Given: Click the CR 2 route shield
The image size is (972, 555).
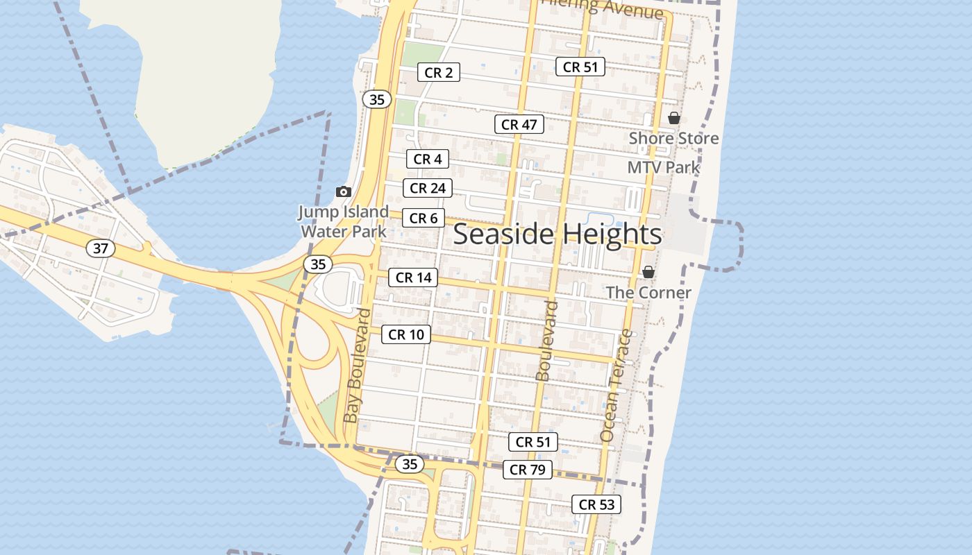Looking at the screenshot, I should point(439,72).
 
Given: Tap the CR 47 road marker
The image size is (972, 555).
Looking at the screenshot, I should point(519,125).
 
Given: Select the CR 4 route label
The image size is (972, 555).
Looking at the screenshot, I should point(428,159).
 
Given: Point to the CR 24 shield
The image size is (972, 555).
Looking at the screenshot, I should point(428,188).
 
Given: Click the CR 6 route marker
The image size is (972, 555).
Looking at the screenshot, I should point(423,219).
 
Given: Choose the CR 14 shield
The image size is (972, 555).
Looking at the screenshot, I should point(413,278).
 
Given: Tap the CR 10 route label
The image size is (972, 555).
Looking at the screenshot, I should point(406,335).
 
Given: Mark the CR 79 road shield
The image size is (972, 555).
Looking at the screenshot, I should point(527,470).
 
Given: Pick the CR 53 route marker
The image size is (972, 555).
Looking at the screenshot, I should point(596,505).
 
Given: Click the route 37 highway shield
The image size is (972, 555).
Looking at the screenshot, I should point(101,248).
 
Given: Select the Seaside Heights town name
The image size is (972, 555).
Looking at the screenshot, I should point(557,234).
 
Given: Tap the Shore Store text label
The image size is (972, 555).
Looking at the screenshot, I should point(673,138).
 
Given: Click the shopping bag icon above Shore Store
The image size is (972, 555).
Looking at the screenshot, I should point(673,119).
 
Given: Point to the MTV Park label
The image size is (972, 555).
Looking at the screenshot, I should point(664,167).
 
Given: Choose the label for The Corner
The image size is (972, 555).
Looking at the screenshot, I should point(648,292).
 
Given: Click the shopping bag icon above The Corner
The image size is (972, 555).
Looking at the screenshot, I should point(648,272).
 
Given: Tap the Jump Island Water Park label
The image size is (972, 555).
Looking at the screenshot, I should point(343,221).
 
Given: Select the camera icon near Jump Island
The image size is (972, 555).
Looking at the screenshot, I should point(343,191).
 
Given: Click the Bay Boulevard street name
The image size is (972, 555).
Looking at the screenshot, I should point(358,366).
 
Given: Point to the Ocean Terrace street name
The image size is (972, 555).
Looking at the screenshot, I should point(617,386).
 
